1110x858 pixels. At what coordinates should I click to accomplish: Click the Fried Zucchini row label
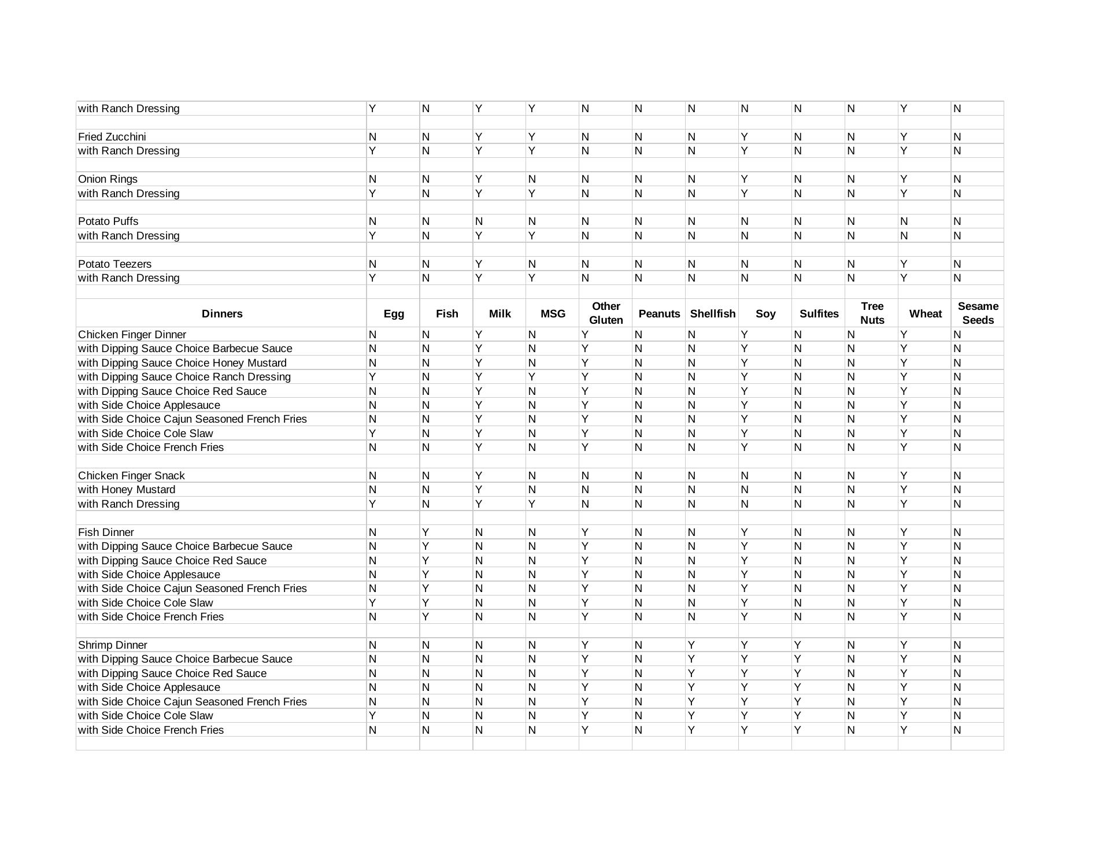pos(112,137)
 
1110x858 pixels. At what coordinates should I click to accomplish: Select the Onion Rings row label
pos(108,179)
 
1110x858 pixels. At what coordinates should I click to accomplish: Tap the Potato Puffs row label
pos(108,221)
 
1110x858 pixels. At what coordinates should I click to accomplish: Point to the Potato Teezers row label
pos(114,264)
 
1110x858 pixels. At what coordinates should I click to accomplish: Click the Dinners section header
pos(222,314)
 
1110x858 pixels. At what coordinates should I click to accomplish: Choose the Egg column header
pos(394,314)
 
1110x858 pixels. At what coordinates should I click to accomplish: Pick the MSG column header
pos(553,314)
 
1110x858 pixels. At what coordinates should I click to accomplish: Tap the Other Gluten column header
pos(606,313)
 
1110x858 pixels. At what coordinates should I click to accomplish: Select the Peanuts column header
pos(659,314)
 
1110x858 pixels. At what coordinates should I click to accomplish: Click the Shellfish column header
pos(712,314)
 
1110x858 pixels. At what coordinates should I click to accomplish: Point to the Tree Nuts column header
pos(872,313)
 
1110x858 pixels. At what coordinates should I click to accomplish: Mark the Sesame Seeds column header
pos(978,313)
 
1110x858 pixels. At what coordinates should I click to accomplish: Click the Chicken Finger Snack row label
pos(131,476)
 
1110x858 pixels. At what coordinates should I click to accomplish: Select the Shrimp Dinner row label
pos(112,645)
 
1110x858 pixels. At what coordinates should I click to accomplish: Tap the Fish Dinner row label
pos(106,532)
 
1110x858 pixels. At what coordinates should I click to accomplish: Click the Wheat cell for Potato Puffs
pos(904,221)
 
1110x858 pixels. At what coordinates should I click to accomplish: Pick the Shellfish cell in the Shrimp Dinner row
pos(691,645)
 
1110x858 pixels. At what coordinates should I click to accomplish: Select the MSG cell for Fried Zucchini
pos(532,137)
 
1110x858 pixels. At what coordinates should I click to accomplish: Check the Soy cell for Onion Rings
pos(745,179)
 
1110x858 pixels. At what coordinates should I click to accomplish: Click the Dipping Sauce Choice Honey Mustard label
pos(182,363)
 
